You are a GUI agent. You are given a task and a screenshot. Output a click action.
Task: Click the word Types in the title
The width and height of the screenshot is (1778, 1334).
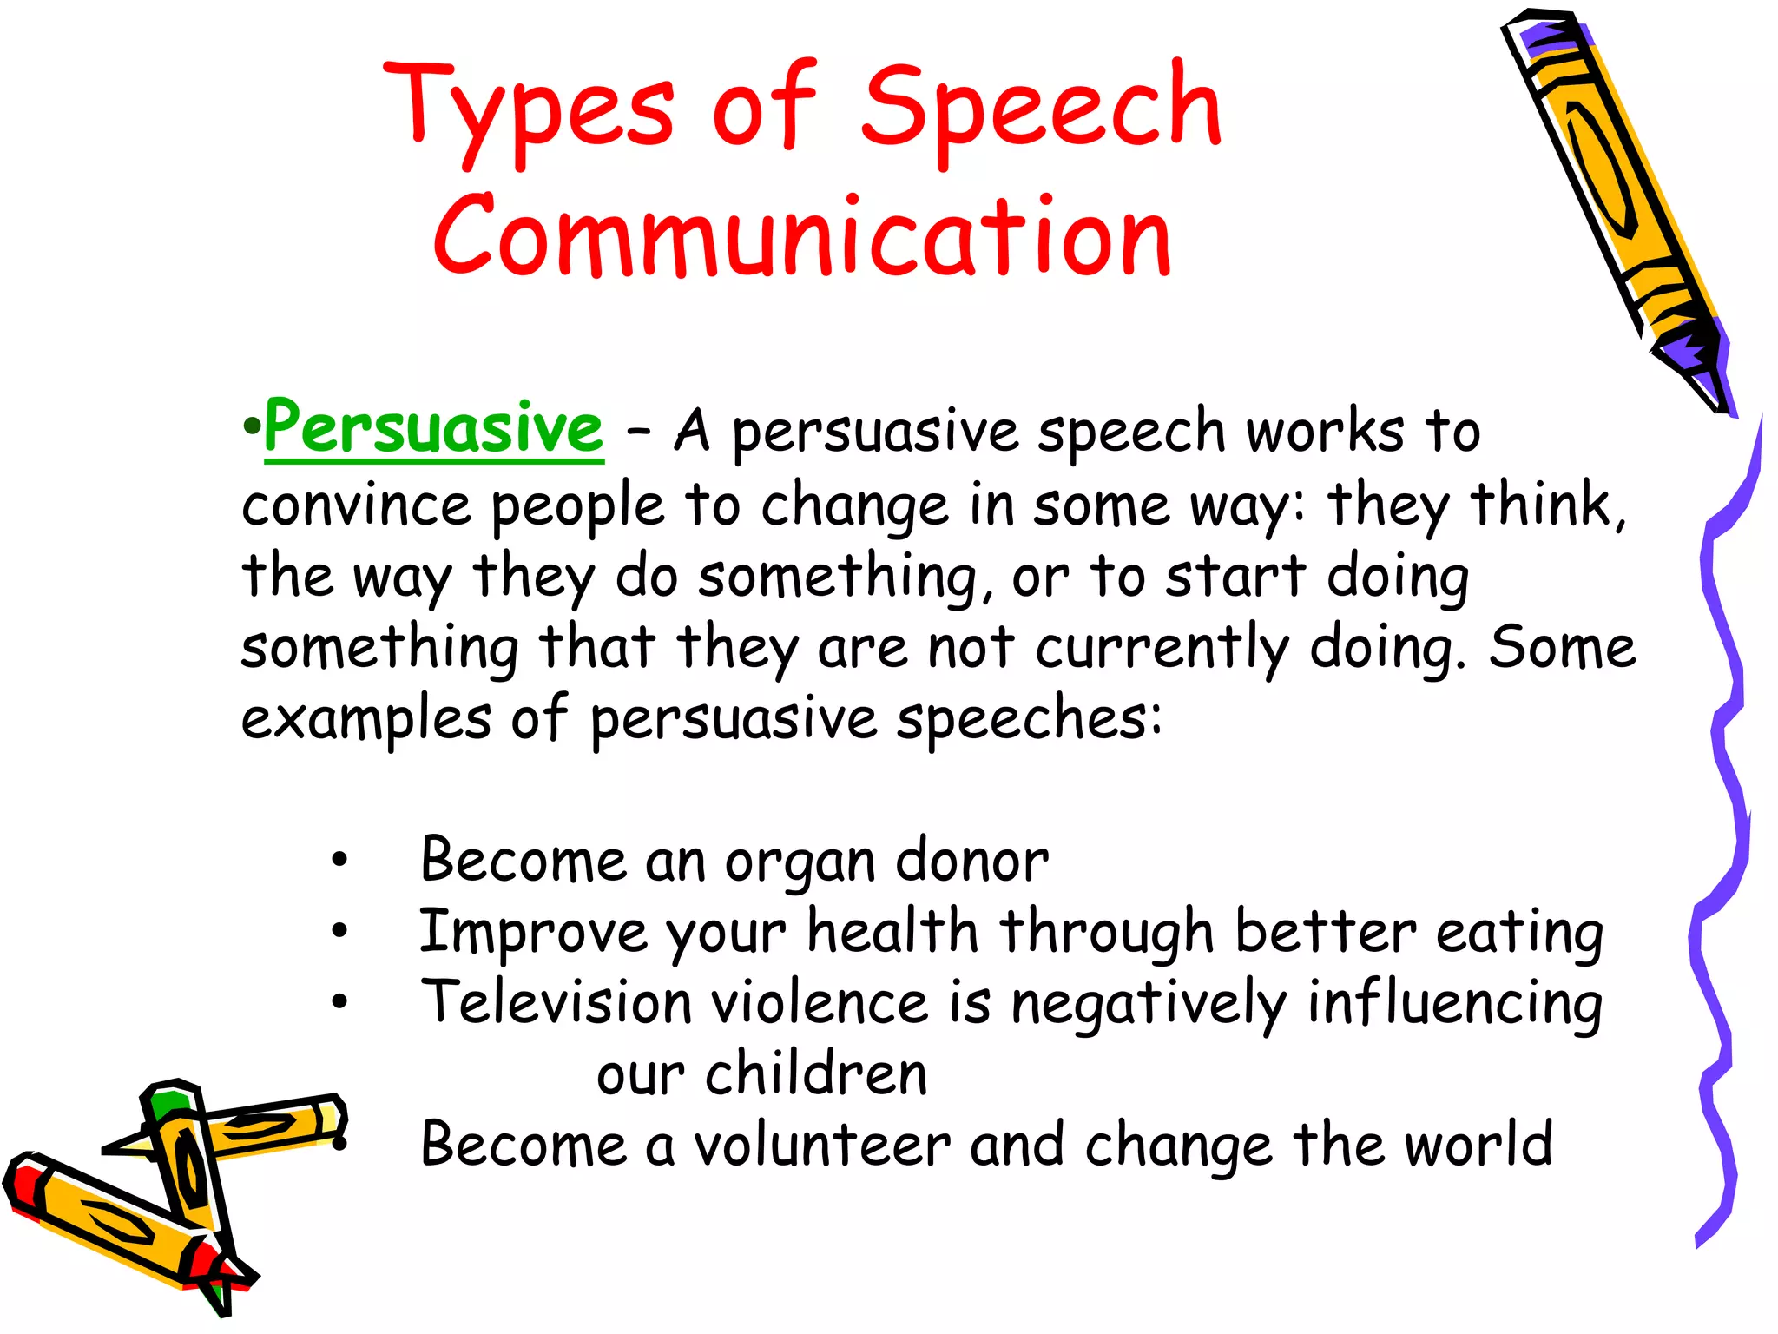coord(528,109)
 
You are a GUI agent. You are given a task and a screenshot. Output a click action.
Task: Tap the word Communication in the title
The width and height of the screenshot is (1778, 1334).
coord(802,237)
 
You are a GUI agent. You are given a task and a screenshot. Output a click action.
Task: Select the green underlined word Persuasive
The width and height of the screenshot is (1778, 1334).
coord(433,427)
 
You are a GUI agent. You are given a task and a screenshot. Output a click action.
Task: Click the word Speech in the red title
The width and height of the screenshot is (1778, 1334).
coord(1041,109)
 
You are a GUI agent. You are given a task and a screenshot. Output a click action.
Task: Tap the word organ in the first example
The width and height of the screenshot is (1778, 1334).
coord(800,862)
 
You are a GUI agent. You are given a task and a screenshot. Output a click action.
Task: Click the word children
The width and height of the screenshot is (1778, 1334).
coord(816,1073)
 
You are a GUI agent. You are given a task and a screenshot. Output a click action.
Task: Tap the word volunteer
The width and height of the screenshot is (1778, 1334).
coord(822,1145)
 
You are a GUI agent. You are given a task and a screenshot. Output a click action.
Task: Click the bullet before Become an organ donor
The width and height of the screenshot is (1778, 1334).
coord(339,861)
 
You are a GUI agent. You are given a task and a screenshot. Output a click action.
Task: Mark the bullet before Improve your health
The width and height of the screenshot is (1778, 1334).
coord(339,932)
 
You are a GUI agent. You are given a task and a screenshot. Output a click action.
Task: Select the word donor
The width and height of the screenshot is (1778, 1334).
coord(971,861)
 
